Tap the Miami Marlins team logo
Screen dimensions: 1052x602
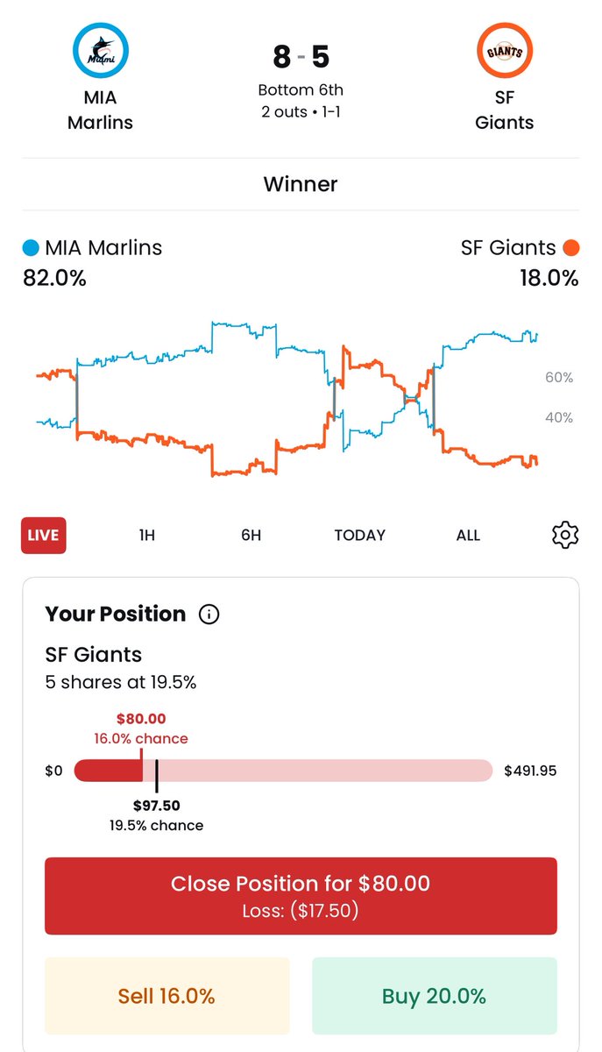pyautogui.click(x=100, y=52)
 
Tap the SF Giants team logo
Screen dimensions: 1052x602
pyautogui.click(x=505, y=52)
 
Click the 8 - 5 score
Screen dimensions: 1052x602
pyautogui.click(x=301, y=57)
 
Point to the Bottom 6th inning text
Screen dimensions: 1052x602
pyautogui.click(x=301, y=90)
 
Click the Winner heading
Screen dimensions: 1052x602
pyautogui.click(x=301, y=184)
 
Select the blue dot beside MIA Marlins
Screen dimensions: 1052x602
pyautogui.click(x=31, y=248)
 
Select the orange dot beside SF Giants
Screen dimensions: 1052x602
pyautogui.click(x=571, y=248)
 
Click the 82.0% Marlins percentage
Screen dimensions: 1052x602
pyautogui.click(x=54, y=279)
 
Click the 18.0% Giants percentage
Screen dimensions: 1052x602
pyautogui.click(x=548, y=279)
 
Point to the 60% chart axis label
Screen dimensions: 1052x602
pyautogui.click(x=559, y=378)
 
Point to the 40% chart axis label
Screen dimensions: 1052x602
pyautogui.click(x=559, y=418)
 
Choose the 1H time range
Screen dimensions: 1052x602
pyautogui.click(x=147, y=536)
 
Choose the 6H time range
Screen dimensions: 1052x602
pyautogui.click(x=251, y=536)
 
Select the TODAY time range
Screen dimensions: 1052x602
pyautogui.click(x=359, y=536)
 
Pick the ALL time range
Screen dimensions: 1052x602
pyautogui.click(x=468, y=536)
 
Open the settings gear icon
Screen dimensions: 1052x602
pyautogui.click(x=565, y=535)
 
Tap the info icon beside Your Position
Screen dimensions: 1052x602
pyautogui.click(x=209, y=615)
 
